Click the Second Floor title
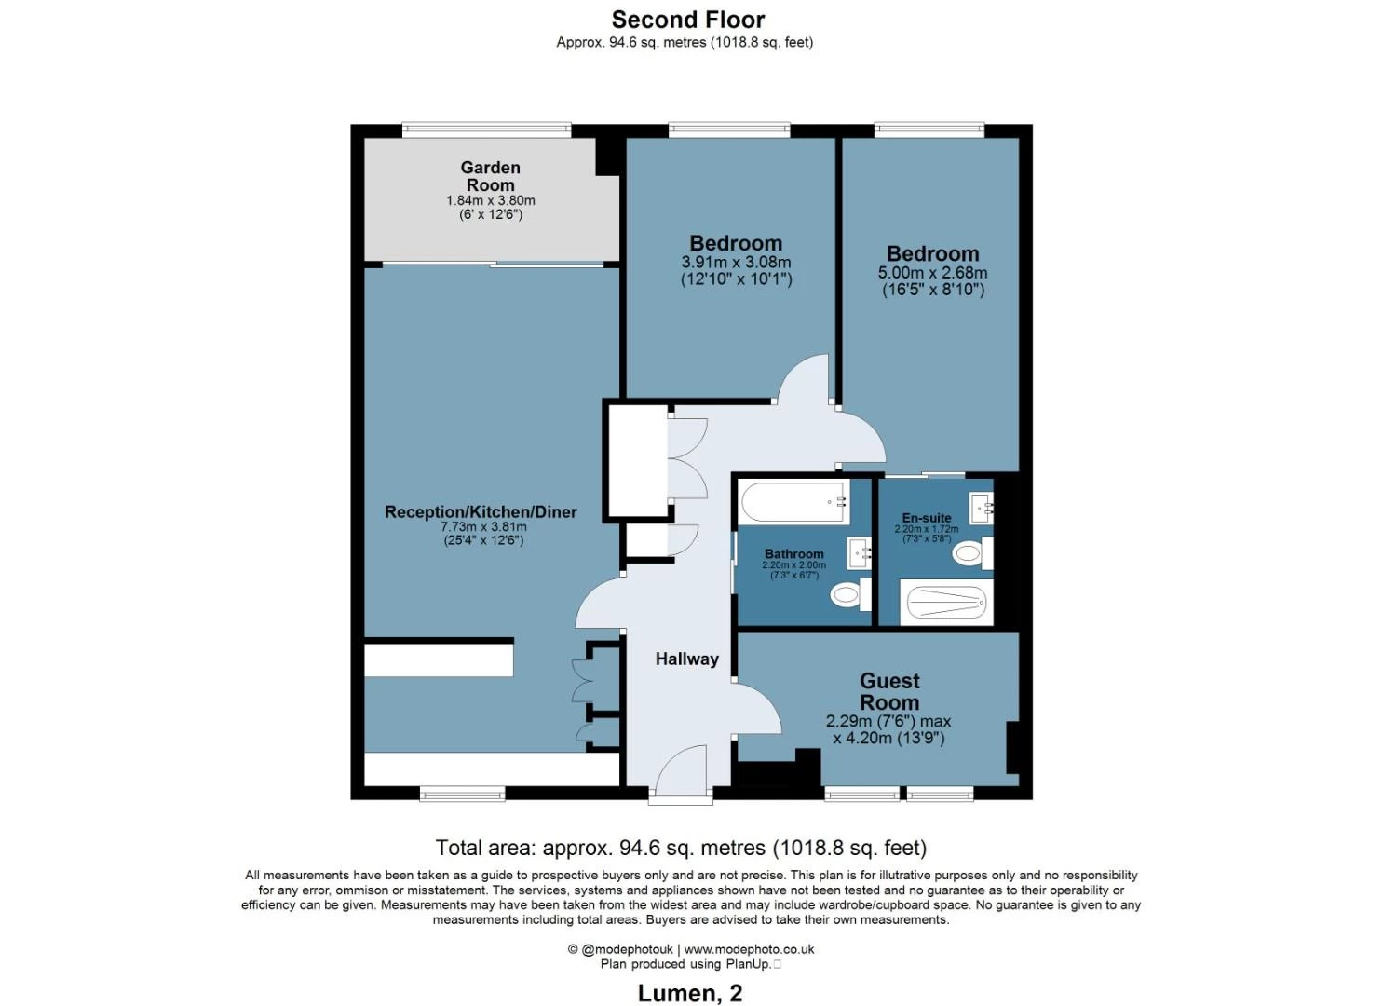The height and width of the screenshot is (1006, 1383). [x=688, y=20]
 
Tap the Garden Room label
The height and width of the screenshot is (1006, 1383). [x=491, y=176]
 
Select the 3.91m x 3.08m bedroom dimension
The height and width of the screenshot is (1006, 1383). [x=736, y=262]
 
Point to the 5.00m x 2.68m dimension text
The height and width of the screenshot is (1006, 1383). [x=932, y=272]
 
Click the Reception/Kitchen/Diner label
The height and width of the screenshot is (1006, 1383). [x=481, y=512]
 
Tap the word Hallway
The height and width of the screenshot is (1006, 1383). [x=687, y=659]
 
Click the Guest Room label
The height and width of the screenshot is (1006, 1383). [x=889, y=692]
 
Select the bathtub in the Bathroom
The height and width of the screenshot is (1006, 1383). [x=794, y=502]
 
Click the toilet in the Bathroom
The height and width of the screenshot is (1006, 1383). [x=850, y=594]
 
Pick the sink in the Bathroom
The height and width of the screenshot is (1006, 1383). [x=860, y=552]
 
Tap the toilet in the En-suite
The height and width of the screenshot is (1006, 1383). [x=972, y=552]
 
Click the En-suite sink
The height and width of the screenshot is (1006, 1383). [x=981, y=509]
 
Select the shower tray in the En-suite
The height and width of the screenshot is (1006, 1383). [x=946, y=602]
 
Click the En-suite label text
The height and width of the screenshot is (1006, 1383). [x=927, y=518]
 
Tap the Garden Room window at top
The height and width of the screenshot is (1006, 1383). [x=486, y=129]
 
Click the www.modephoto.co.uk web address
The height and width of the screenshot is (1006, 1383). [x=749, y=949]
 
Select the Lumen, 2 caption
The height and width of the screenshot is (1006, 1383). [x=690, y=994]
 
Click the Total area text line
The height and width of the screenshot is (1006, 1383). [x=681, y=848]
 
